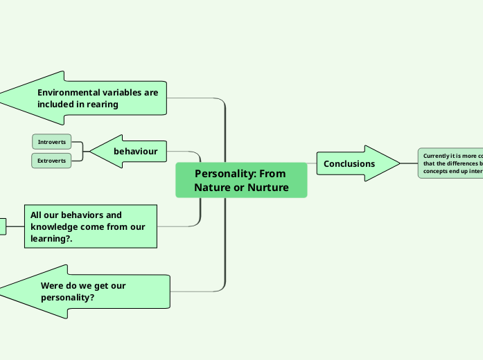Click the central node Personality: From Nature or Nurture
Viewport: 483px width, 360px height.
(x=241, y=180)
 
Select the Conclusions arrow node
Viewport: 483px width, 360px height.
(x=353, y=164)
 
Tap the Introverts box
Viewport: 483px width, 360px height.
(x=52, y=142)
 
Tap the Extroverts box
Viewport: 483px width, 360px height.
(x=52, y=161)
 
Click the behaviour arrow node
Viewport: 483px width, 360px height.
(x=132, y=151)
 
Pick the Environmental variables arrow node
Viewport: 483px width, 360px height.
(x=90, y=98)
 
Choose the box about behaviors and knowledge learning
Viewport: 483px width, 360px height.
(x=91, y=226)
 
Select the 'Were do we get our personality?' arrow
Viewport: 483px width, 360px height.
(x=90, y=291)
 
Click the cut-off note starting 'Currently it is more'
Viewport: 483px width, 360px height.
(x=450, y=163)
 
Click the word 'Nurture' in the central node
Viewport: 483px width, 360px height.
(x=269, y=188)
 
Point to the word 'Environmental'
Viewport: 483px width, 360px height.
(x=70, y=92)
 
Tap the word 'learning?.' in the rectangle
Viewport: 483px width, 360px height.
(x=52, y=239)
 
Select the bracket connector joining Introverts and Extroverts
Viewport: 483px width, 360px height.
(x=82, y=151)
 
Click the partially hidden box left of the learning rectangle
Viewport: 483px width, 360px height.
(x=2, y=226)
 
